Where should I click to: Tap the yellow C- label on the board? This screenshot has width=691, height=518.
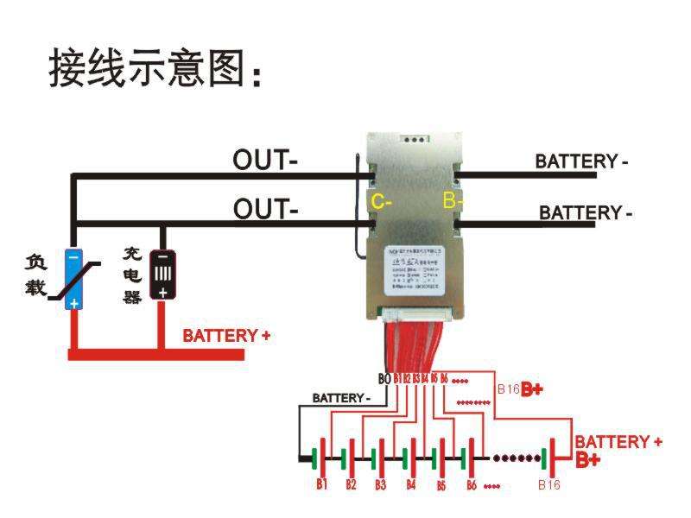(381, 202)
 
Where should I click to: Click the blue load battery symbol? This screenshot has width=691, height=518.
(74, 279)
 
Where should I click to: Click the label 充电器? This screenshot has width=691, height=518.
(131, 275)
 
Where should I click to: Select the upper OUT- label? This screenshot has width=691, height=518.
(265, 160)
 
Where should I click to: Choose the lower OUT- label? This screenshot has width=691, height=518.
(265, 208)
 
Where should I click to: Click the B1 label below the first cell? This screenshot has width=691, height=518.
(321, 484)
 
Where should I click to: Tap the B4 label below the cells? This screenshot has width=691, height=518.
(410, 484)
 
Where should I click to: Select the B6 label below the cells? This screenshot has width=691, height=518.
(471, 484)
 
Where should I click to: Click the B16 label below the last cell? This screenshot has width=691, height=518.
(548, 485)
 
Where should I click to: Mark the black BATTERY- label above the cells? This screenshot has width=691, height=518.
(341, 398)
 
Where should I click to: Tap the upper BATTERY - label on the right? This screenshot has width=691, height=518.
(581, 161)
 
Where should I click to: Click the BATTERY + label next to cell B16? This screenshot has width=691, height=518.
(618, 442)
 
